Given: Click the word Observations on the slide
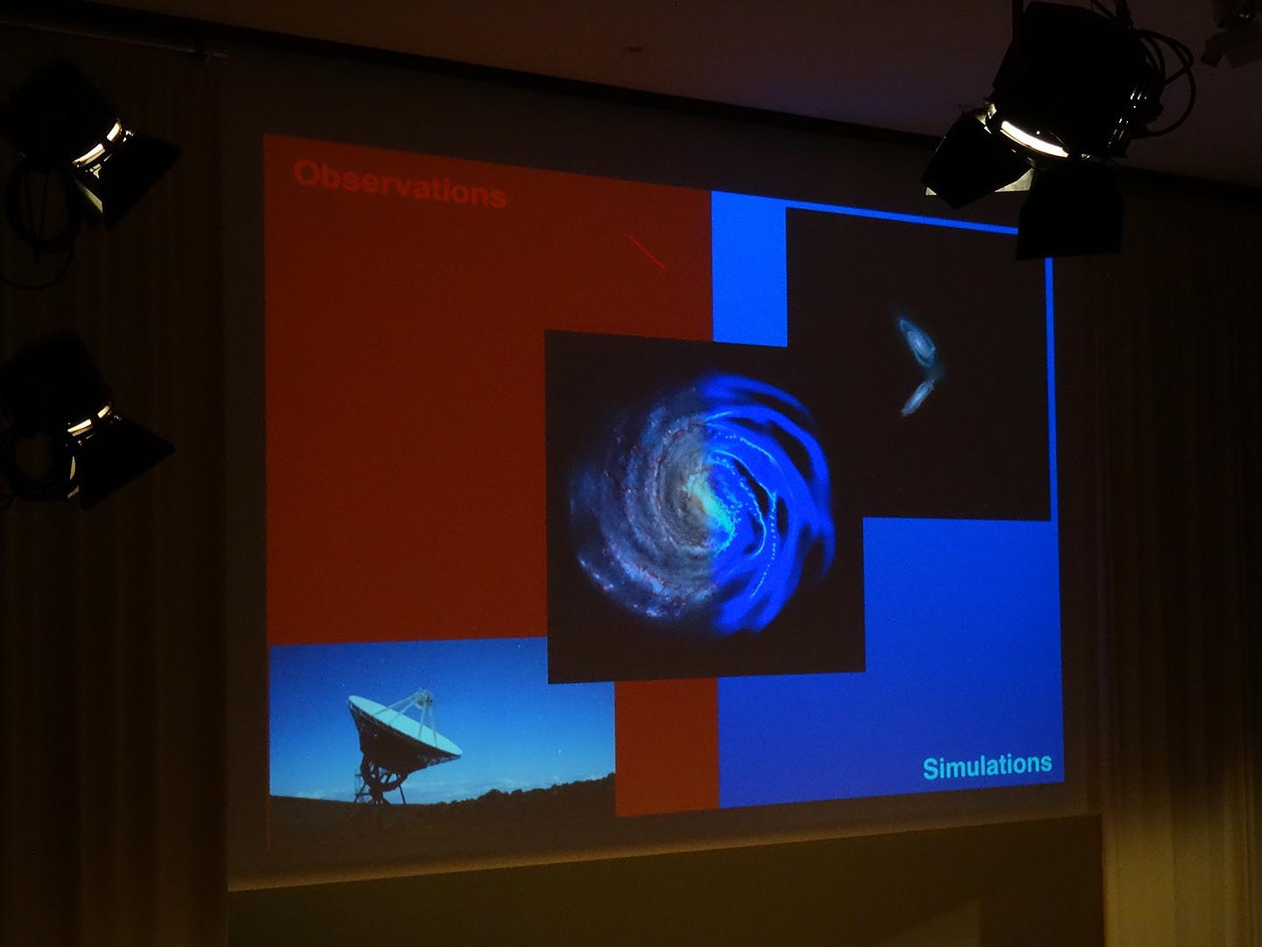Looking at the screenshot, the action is point(400,183).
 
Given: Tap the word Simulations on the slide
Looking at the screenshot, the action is point(987,767).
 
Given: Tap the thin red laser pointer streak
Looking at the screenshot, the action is point(648,252).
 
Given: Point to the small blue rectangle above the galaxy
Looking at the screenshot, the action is point(748,269).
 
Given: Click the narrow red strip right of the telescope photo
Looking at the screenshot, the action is point(666,747).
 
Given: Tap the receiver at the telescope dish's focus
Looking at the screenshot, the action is point(424,697).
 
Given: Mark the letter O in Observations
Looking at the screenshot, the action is point(307,174).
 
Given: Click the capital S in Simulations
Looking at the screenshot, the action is point(930,769).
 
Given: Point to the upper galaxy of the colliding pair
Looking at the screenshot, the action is point(918,343).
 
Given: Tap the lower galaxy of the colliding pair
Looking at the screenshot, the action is point(918,397).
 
